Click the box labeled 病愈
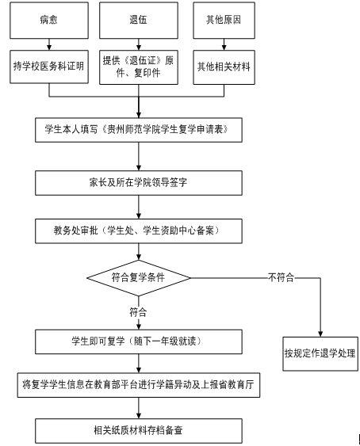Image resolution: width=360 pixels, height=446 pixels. click(x=49, y=21)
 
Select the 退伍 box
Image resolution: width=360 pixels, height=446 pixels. click(x=139, y=21)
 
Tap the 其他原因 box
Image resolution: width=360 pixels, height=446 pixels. click(x=224, y=21)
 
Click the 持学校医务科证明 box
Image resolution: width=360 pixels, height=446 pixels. click(x=49, y=67)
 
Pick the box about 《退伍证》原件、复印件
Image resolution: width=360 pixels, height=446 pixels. click(x=139, y=67)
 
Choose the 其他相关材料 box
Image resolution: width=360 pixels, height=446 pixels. click(x=224, y=67)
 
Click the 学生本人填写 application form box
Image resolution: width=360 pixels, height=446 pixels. click(x=139, y=130)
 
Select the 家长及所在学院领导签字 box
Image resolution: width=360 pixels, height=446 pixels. click(x=139, y=183)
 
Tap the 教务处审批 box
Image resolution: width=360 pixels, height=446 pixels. click(x=139, y=231)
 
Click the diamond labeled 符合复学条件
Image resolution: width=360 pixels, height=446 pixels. click(x=139, y=278)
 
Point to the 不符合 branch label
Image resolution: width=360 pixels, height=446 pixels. click(x=281, y=277)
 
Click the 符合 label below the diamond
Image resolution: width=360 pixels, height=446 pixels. click(x=138, y=312)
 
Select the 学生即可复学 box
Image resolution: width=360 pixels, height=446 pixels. click(x=139, y=341)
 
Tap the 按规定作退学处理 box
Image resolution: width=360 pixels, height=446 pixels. click(x=320, y=354)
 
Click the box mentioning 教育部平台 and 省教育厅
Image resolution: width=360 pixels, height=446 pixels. click(x=139, y=385)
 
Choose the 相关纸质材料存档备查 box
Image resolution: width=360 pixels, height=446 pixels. click(x=139, y=431)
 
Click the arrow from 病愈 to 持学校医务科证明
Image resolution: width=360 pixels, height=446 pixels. click(x=49, y=44)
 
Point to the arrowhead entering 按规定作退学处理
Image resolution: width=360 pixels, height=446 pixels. click(x=320, y=334)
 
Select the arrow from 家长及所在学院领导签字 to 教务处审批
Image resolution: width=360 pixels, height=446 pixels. click(x=139, y=207)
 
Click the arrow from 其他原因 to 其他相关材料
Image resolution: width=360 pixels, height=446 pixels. click(x=224, y=44)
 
